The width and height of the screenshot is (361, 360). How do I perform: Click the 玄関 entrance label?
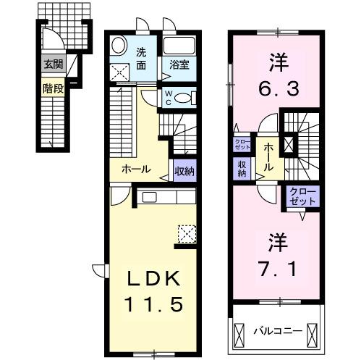(x=53, y=64)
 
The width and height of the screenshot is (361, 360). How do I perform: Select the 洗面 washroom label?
(x=143, y=57)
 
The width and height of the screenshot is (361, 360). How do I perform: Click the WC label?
(x=169, y=97)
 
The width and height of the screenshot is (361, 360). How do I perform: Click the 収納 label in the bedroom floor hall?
(x=242, y=168)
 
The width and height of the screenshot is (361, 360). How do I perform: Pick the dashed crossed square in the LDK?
(x=187, y=234)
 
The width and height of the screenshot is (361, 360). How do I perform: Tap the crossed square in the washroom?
(x=120, y=72)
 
